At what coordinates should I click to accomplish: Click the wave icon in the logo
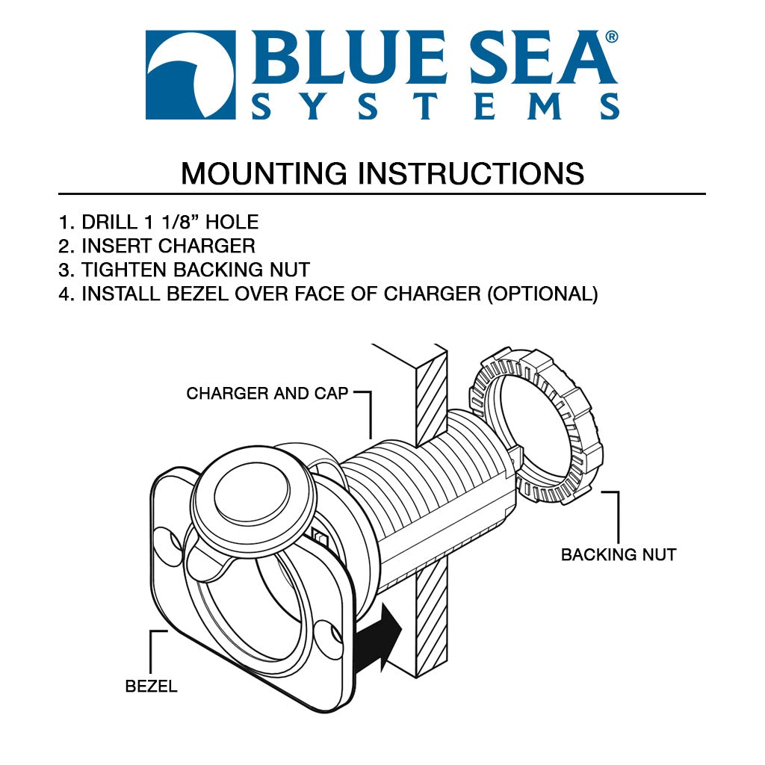[191, 75]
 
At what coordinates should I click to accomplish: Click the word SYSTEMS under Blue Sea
[436, 107]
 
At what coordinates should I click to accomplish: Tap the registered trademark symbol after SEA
[611, 37]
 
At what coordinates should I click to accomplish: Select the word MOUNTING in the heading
[264, 173]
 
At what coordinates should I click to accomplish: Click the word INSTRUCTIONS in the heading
[471, 173]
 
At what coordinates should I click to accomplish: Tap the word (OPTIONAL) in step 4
[542, 294]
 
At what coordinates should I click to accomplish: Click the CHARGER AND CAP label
[267, 393]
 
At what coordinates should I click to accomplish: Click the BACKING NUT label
[619, 555]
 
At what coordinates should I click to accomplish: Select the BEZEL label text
[152, 686]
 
